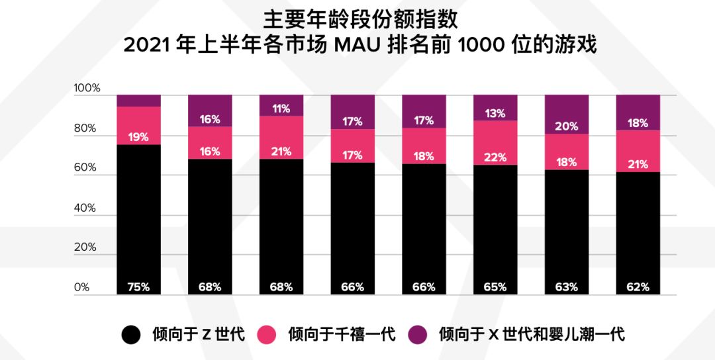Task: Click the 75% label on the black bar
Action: point(138,287)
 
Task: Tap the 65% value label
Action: point(495,287)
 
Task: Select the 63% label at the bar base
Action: point(567,287)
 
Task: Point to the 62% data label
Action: point(638,287)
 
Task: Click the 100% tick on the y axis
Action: point(87,89)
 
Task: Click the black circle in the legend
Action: point(131,335)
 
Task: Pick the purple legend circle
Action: point(417,335)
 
